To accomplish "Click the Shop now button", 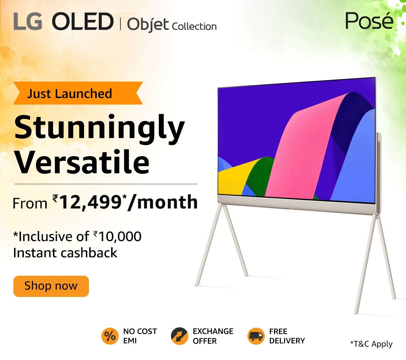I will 51,286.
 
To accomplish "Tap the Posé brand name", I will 369,21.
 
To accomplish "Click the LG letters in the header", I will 28,22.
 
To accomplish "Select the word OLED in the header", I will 82,22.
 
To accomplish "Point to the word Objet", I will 148,25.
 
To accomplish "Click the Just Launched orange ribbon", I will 78,93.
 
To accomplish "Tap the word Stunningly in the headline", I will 100,128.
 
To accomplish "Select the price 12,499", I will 91,202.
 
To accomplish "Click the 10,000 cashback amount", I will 120,237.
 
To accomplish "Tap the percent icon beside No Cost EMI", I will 110,336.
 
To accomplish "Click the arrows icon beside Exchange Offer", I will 179,336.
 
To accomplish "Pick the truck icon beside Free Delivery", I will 256,336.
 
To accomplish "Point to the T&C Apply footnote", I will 371,344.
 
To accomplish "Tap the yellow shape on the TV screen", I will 234,178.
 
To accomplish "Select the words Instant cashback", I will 65,253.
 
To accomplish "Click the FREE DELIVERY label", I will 287,336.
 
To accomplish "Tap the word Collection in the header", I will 194,26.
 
